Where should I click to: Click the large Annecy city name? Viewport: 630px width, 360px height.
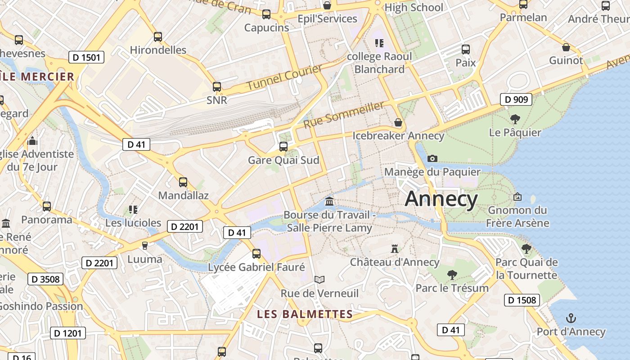(x=441, y=199)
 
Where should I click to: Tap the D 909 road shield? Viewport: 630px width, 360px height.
(x=516, y=99)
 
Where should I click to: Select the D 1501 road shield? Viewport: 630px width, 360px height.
(x=86, y=57)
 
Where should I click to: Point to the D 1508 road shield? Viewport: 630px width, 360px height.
(x=522, y=300)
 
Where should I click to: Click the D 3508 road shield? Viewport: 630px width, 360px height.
(x=45, y=279)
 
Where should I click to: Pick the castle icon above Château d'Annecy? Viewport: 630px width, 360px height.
(x=395, y=248)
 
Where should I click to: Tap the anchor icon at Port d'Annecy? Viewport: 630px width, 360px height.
(x=571, y=319)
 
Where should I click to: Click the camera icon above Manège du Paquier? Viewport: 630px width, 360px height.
(x=432, y=158)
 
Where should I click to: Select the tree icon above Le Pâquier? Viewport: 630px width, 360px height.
(x=515, y=119)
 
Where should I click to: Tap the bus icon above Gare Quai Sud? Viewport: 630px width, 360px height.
(x=283, y=146)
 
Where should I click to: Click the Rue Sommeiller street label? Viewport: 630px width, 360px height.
(x=344, y=115)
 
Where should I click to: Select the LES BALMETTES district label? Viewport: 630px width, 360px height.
(x=305, y=314)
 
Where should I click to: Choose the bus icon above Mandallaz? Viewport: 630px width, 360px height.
(x=183, y=182)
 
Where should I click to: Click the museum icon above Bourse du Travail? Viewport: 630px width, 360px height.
(x=329, y=201)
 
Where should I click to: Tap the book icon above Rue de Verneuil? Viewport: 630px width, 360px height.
(x=319, y=280)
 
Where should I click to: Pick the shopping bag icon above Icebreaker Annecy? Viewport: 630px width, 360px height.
(x=398, y=122)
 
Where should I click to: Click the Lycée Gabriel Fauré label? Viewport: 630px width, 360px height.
(x=256, y=267)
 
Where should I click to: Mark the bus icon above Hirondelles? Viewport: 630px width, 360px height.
(x=158, y=37)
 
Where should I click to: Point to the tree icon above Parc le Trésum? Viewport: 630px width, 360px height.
(x=452, y=274)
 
